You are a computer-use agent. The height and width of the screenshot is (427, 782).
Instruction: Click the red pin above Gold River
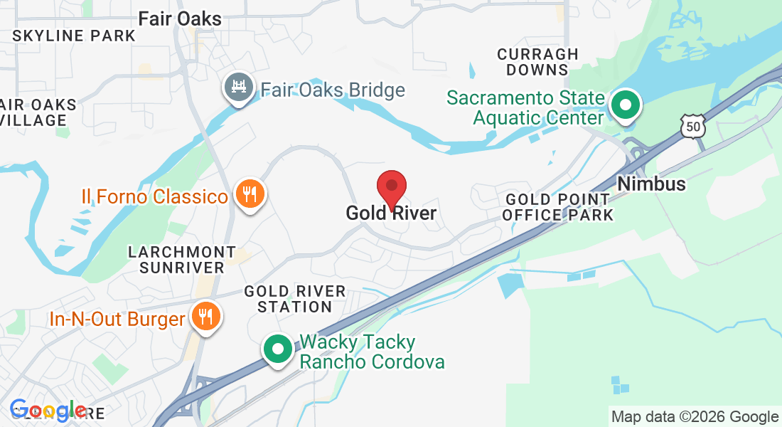391,187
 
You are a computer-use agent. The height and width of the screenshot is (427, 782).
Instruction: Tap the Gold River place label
391,213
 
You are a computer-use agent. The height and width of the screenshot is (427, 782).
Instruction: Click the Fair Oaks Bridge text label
333,90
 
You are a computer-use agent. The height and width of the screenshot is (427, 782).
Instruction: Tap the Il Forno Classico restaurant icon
249,193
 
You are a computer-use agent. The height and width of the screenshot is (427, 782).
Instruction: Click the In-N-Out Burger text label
117,319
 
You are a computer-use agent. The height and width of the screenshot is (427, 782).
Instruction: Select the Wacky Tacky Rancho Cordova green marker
278,349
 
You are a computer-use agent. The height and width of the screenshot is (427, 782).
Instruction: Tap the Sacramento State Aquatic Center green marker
626,105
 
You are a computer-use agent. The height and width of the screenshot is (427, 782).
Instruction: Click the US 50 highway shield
691,127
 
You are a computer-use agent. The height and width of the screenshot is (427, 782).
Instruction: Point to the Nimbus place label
651,184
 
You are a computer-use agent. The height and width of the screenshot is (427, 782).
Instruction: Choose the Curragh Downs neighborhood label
537,62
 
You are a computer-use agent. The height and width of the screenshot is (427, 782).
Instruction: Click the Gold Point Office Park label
557,207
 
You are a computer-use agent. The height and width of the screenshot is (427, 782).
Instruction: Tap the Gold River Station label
295,299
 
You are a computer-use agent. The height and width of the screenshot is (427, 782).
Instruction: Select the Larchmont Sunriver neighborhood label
182,260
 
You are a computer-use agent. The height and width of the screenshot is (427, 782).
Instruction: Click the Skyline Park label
74,36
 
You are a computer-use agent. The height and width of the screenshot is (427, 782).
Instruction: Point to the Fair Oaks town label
180,19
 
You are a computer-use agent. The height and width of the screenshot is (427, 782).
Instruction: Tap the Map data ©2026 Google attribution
695,417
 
